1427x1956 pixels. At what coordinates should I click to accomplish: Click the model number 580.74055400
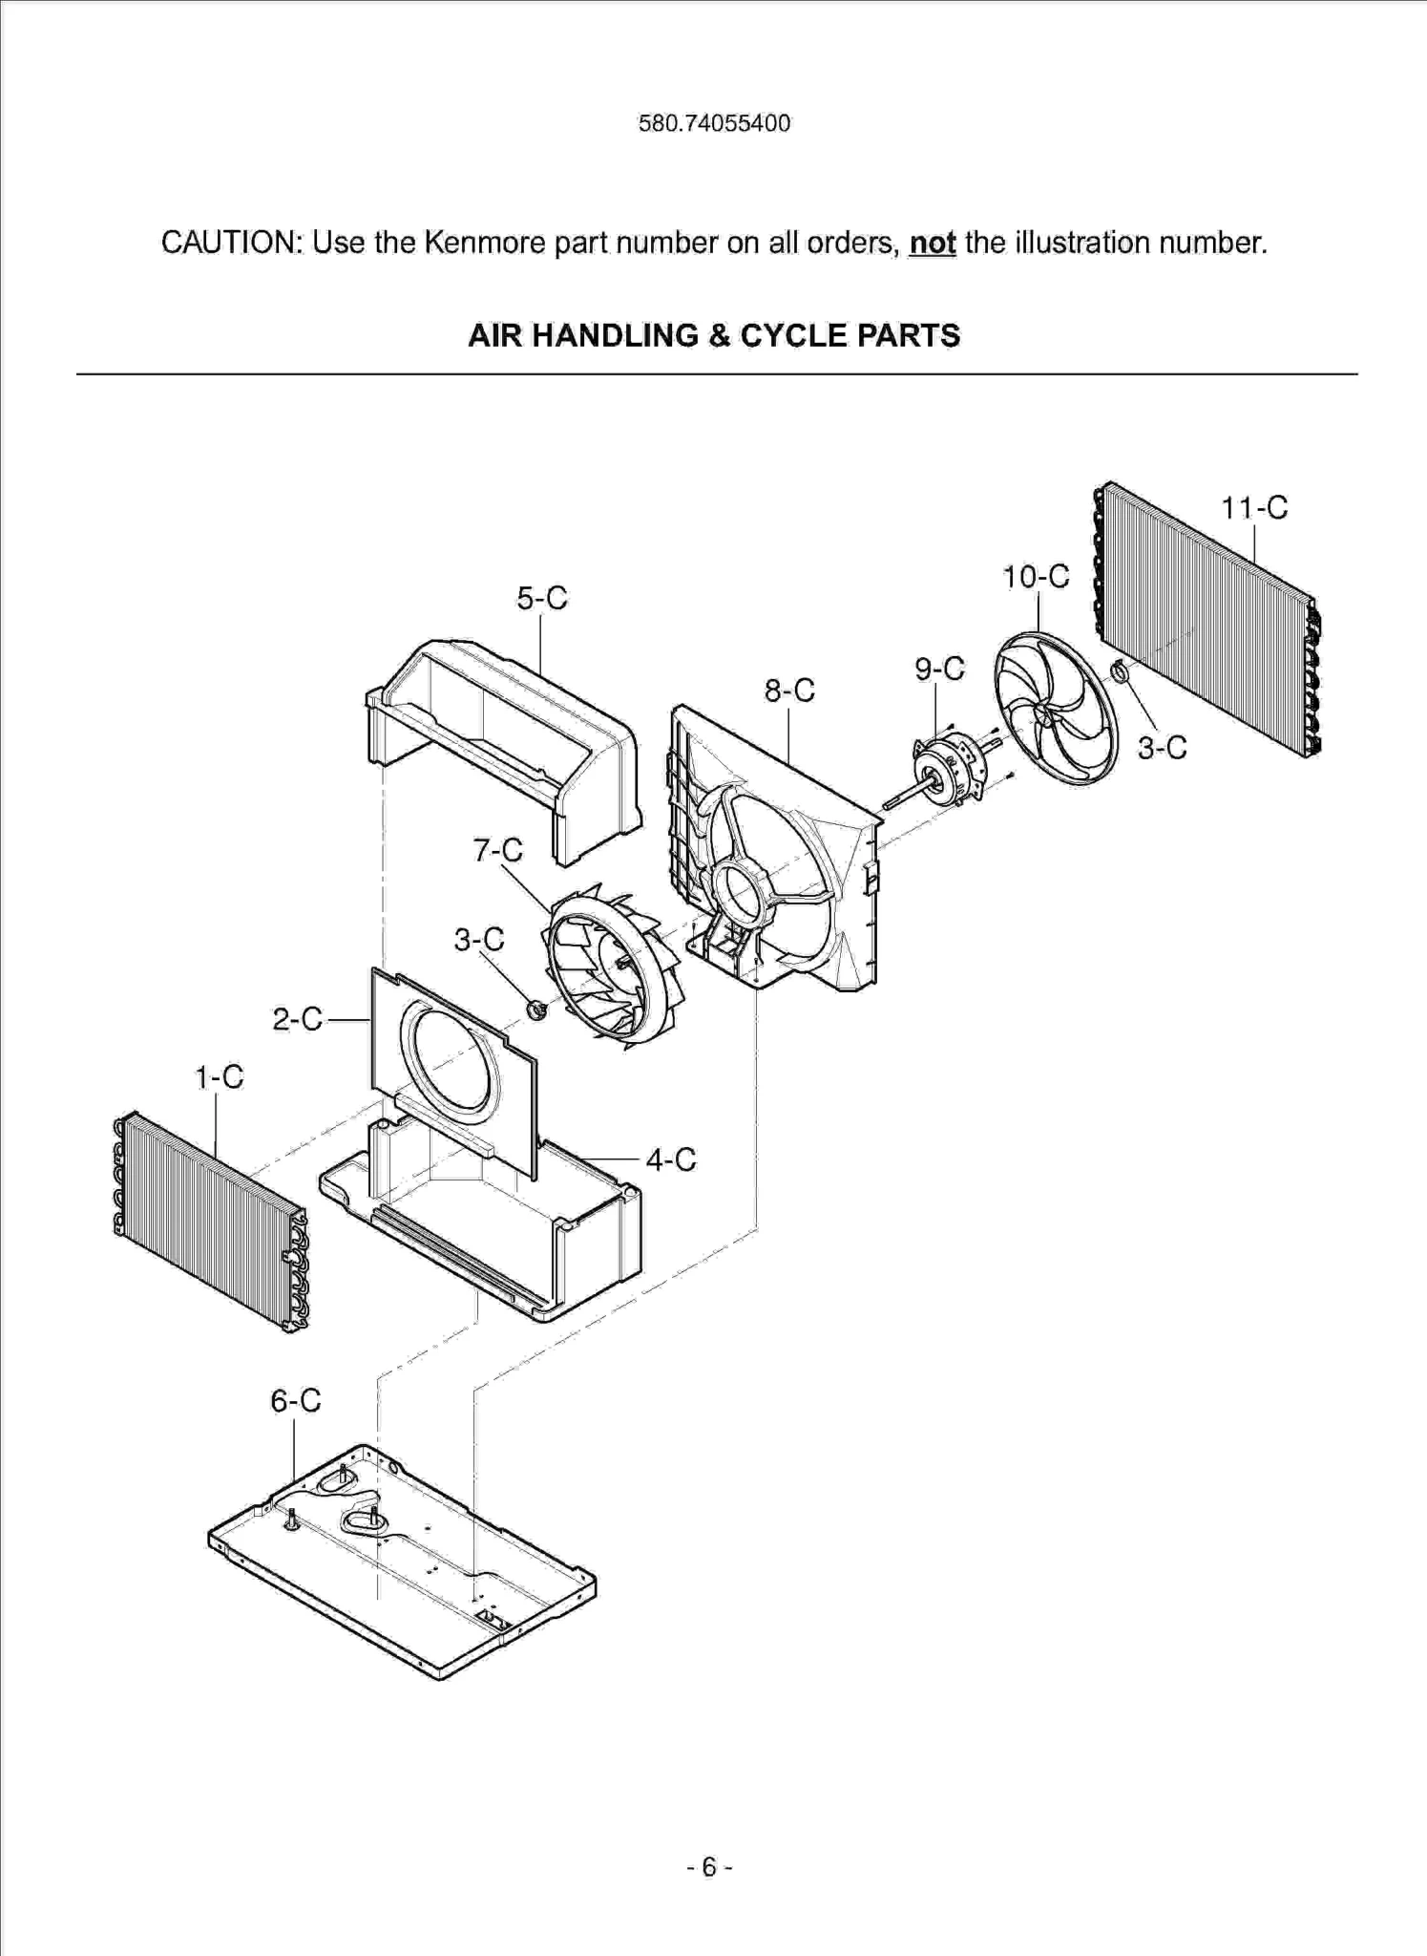(x=714, y=123)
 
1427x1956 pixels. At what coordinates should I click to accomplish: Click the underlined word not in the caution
(x=932, y=243)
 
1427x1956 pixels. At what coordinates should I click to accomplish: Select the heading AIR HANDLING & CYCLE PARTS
(x=713, y=335)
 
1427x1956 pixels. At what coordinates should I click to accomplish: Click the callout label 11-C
(x=1254, y=507)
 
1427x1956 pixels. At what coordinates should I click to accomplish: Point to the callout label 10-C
(x=1036, y=576)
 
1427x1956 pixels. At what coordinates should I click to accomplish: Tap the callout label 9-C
(x=939, y=669)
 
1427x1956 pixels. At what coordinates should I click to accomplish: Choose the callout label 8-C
(x=789, y=690)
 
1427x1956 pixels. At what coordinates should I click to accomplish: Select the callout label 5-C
(x=542, y=598)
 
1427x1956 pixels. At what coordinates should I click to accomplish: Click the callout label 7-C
(x=498, y=849)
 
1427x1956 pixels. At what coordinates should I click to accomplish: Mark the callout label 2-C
(x=298, y=1019)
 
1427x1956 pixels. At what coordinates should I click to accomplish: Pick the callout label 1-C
(x=220, y=1077)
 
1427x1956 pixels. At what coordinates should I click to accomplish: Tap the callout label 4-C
(x=671, y=1159)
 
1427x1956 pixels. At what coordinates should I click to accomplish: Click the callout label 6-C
(x=295, y=1400)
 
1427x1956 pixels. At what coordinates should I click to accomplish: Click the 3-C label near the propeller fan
(x=1162, y=747)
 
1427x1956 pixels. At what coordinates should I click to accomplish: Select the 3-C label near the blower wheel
(x=479, y=940)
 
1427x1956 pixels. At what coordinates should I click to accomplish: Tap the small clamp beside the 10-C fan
(x=1120, y=671)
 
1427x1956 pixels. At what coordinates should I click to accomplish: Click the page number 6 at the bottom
(x=709, y=1867)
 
